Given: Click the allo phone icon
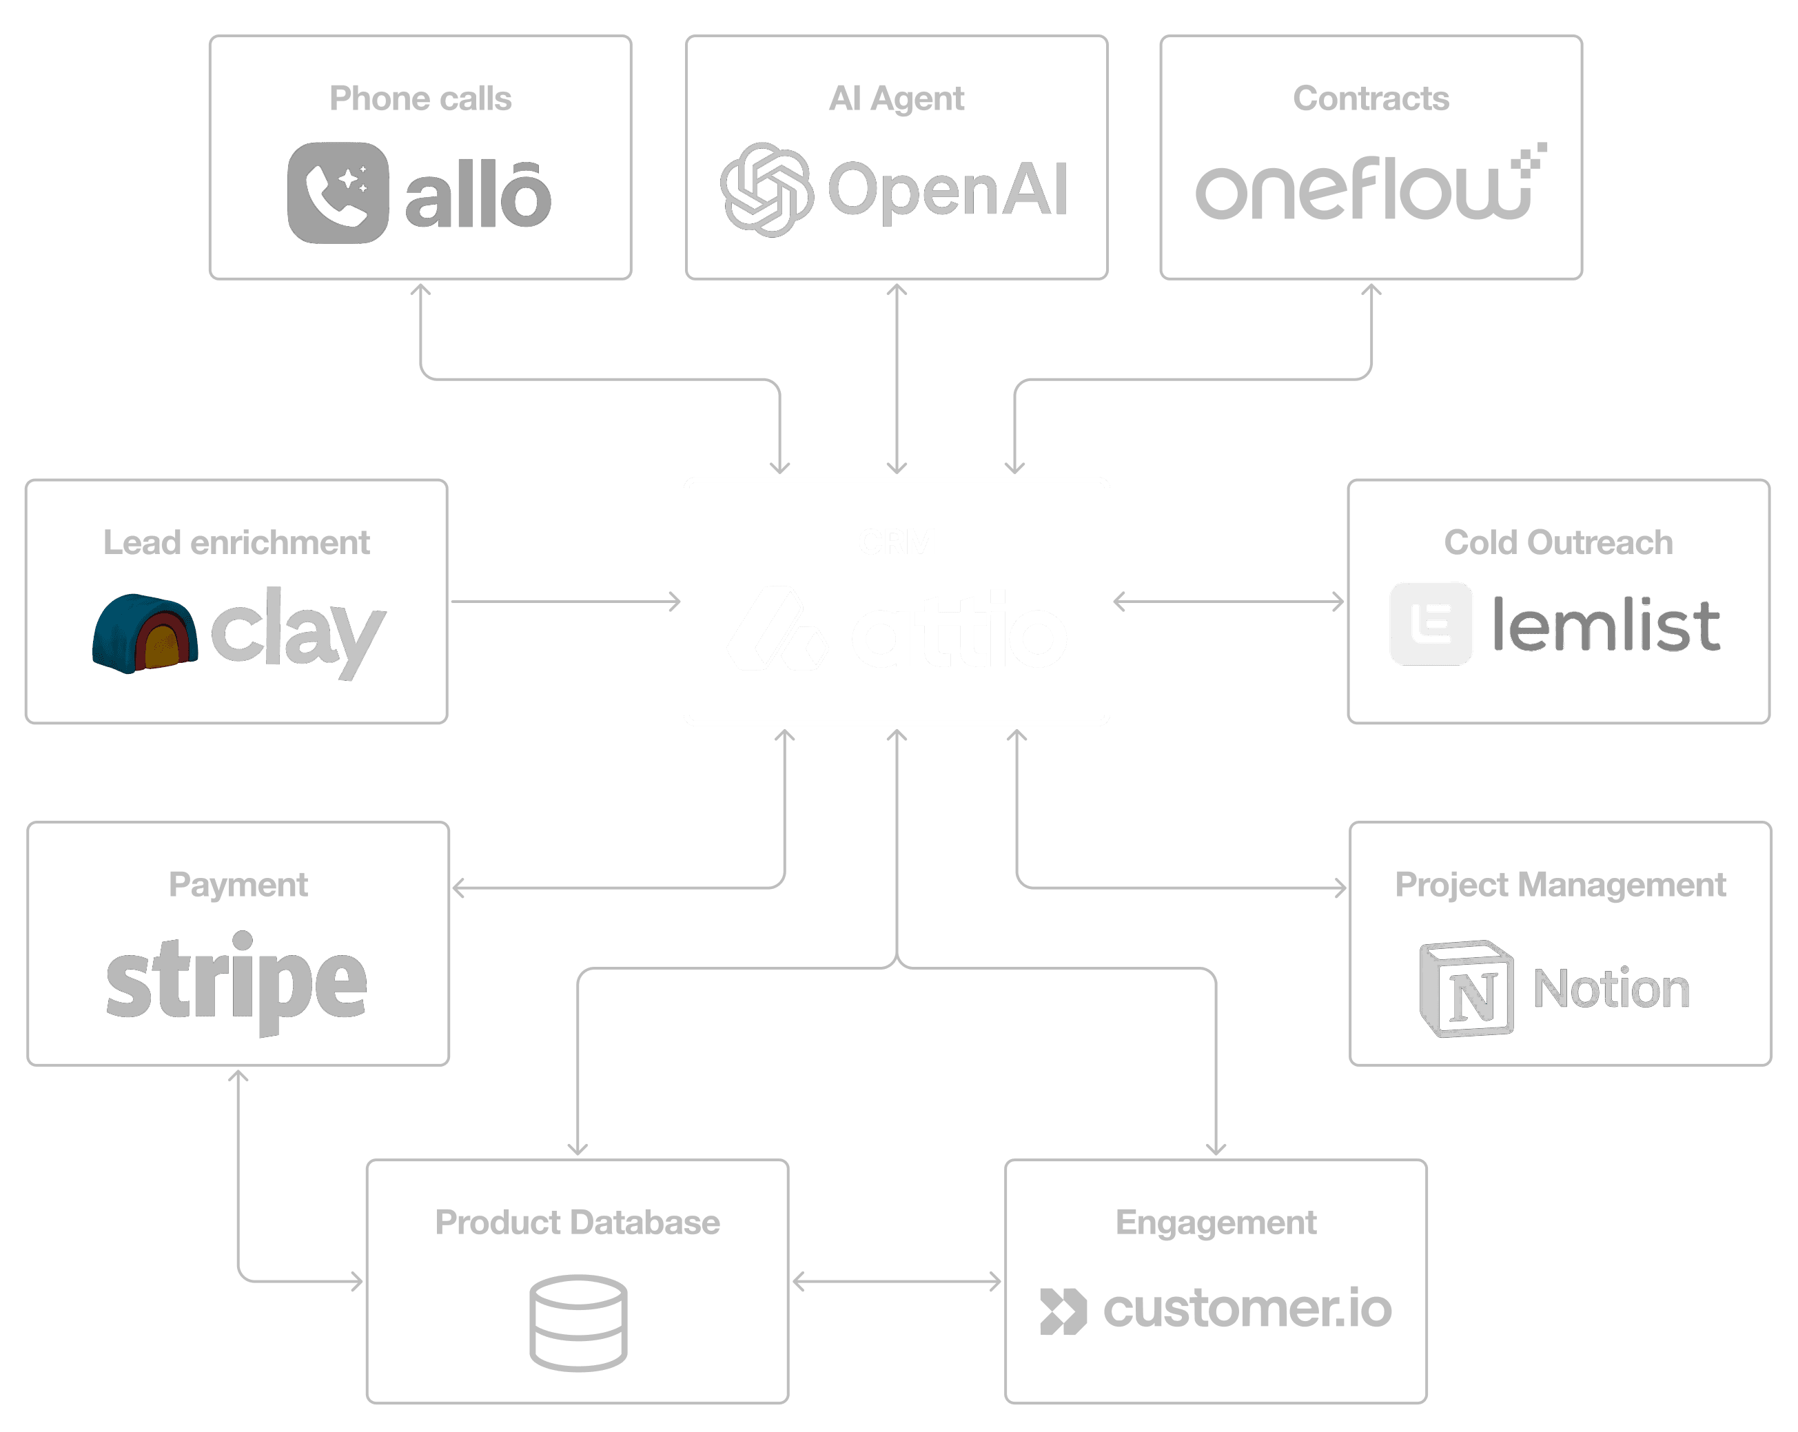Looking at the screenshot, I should pos(338,193).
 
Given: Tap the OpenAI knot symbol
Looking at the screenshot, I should pos(766,190).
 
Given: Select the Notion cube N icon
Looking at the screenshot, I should pos(1466,989).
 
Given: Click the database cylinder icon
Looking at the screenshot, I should pos(578,1322).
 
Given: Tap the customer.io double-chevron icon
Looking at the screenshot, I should pos(1063,1310).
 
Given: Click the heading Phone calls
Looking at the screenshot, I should pos(420,99).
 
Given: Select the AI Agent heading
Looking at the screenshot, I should pos(897,99).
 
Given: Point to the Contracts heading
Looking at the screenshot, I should pos(1371,99).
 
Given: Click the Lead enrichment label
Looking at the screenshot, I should pos(236,542).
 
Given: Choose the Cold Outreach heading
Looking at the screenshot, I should pos(1557,542).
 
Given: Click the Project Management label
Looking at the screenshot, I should pos(1560,884).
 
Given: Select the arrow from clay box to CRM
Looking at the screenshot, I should pos(565,602).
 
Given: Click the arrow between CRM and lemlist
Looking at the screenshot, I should pos(1228,602).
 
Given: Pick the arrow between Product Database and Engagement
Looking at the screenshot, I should pos(897,1281).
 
